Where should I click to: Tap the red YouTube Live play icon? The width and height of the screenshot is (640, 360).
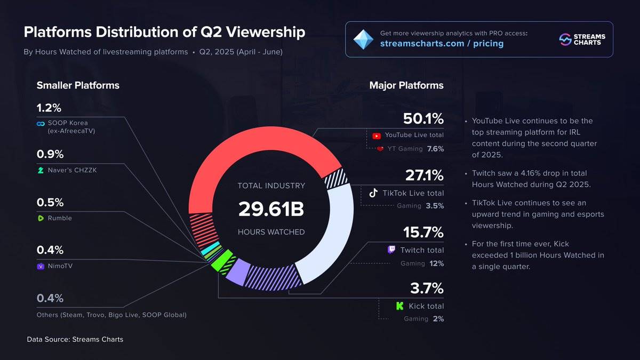tap(377, 135)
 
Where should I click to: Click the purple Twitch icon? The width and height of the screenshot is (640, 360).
tap(391, 250)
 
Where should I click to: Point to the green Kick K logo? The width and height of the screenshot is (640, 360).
tap(400, 306)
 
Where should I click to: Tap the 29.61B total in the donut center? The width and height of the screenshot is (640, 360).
tap(271, 209)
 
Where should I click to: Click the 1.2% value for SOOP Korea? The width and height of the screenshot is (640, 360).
tap(50, 108)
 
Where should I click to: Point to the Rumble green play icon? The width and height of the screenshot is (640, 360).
tap(41, 218)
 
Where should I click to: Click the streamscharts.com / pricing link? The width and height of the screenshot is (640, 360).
tap(442, 43)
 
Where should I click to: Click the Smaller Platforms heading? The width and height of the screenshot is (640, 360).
tap(78, 85)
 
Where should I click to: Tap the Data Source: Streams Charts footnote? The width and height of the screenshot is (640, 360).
tap(75, 339)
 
